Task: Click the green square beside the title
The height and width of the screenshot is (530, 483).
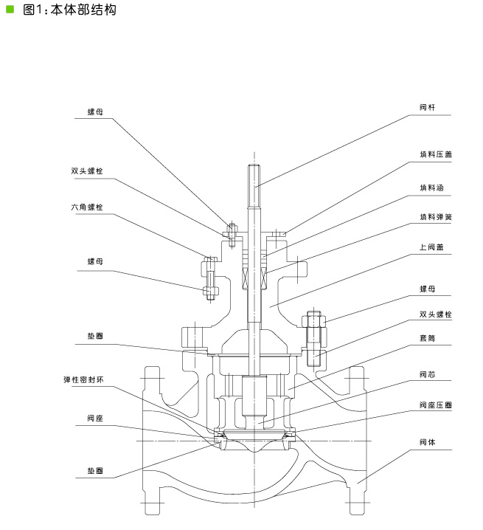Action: (10, 9)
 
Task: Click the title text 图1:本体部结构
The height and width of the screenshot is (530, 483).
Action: (69, 10)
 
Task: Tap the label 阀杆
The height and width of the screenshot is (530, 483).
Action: (427, 108)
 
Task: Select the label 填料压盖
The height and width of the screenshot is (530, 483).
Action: (436, 154)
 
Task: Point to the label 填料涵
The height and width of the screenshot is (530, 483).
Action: (431, 188)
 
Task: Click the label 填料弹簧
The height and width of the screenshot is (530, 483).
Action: (436, 217)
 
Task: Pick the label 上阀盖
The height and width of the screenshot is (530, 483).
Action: (431, 247)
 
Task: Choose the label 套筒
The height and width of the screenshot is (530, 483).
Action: (427, 338)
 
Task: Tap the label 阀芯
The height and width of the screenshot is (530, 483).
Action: (427, 374)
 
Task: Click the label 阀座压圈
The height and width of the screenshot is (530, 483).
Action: (436, 405)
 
